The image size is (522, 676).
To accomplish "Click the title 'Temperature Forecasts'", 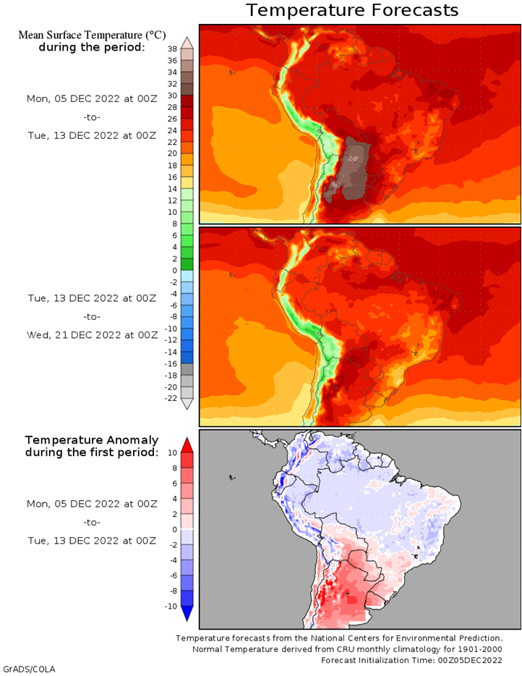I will tap(352, 10).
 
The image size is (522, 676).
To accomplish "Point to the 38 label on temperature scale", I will tap(172, 49).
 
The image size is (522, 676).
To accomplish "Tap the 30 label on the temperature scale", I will tap(172, 96).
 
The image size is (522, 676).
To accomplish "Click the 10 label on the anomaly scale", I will tap(172, 452).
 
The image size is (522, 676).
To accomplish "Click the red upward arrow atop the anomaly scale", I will tap(187, 444).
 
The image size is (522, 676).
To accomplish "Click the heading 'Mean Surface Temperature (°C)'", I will tap(91, 35).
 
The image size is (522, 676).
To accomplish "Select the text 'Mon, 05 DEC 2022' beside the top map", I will tap(72, 98).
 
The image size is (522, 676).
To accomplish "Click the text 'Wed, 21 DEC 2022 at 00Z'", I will tap(91, 335).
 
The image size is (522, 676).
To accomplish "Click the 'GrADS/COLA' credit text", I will tap(29, 669).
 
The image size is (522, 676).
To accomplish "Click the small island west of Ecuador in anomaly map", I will tap(231, 477).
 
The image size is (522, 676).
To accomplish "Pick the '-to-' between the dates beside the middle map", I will tap(91, 316).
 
